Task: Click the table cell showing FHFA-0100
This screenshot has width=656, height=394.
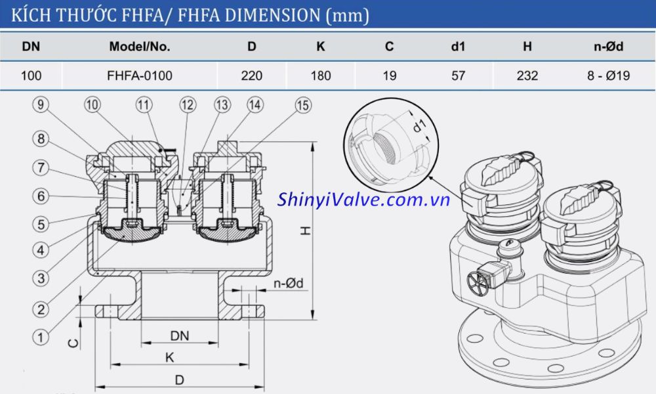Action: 139,76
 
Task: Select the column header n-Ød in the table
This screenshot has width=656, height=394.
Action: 608,47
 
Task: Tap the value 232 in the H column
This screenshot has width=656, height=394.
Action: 527,76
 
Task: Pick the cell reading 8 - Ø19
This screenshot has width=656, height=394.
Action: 608,76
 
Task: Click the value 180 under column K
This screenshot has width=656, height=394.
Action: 320,76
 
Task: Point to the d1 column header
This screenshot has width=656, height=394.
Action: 458,47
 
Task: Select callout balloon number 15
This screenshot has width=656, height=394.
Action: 303,105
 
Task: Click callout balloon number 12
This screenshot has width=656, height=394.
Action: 188,105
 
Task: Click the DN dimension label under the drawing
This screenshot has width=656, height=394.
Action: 179,336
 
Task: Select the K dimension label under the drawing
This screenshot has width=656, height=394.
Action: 170,358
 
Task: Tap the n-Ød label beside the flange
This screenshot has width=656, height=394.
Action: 288,284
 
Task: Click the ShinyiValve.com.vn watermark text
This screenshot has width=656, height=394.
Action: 363,200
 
